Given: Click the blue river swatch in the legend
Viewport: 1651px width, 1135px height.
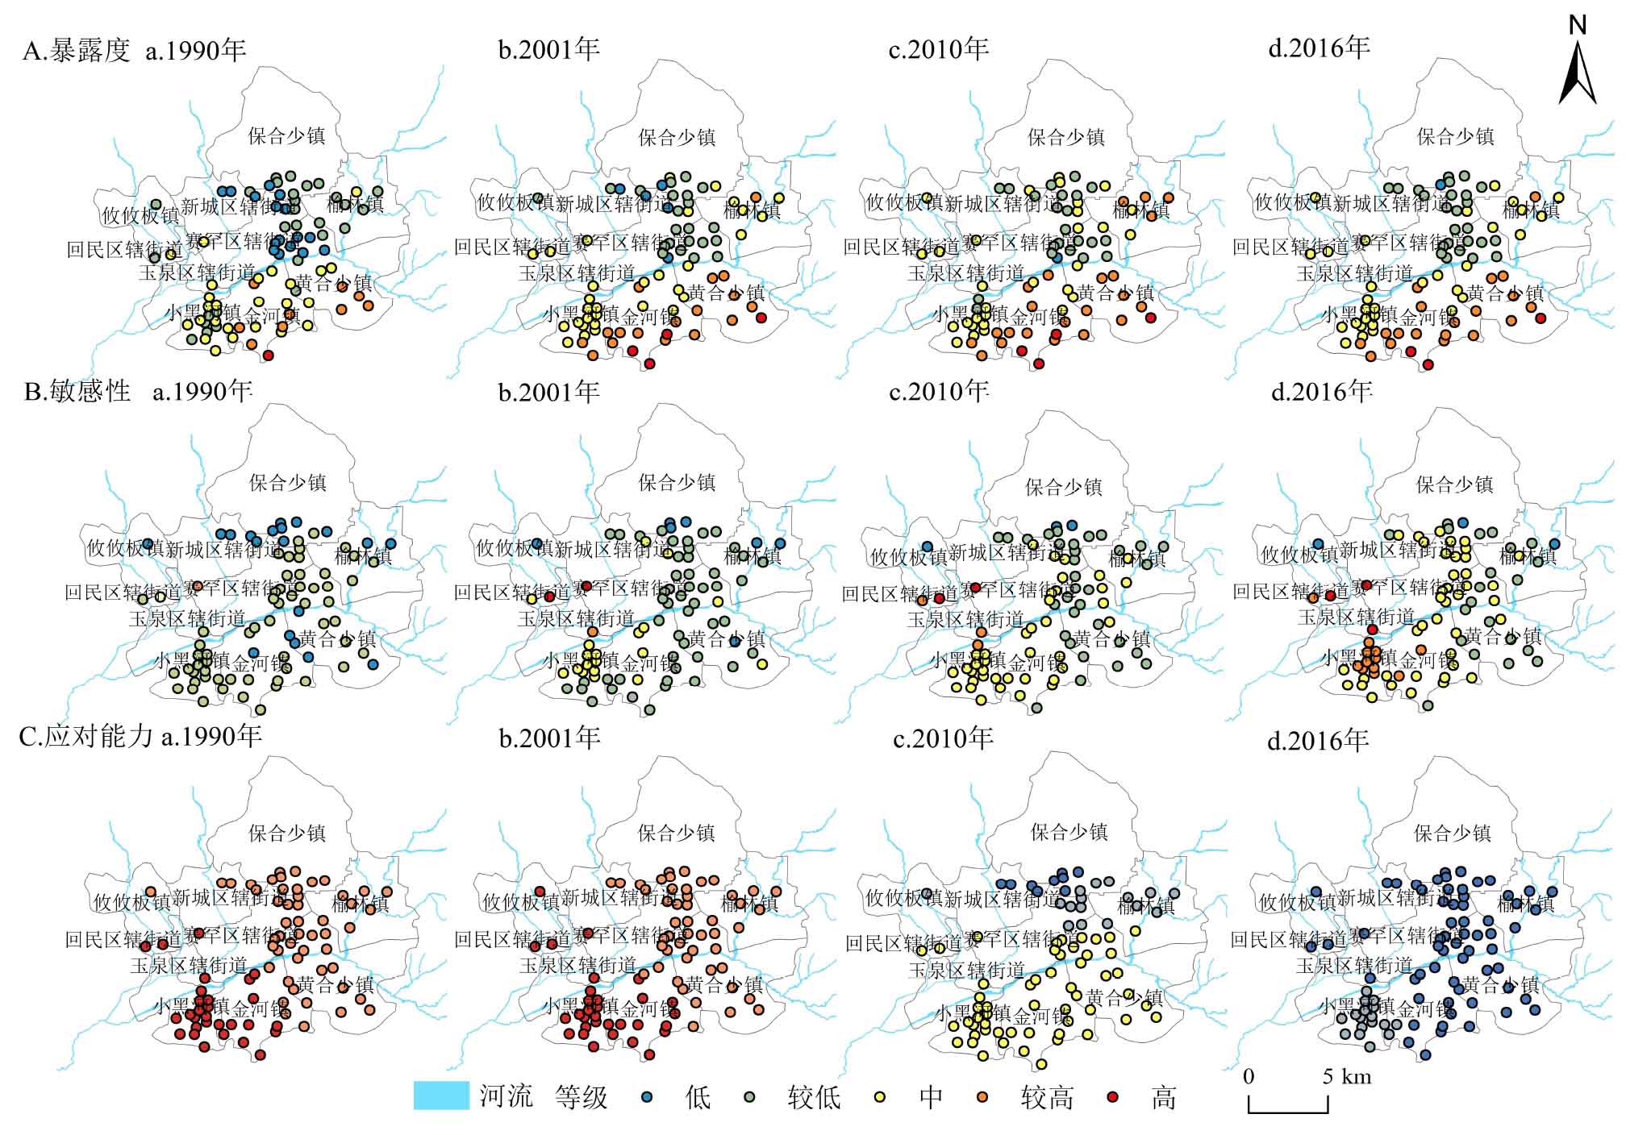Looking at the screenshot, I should click(x=441, y=1096).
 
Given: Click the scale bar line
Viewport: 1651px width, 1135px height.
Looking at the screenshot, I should click(x=1288, y=1111).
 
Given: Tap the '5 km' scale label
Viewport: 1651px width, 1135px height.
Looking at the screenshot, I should click(x=1346, y=1077).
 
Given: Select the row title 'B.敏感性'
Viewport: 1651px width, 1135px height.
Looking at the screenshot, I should click(x=77, y=392).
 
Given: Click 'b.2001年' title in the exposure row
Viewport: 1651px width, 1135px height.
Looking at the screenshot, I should click(x=549, y=50).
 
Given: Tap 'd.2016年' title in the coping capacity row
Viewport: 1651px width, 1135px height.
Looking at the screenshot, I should click(x=1318, y=740).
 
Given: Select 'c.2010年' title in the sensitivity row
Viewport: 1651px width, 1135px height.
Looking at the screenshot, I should click(x=939, y=392).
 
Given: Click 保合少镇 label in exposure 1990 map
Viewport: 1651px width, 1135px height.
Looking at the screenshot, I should click(x=287, y=135).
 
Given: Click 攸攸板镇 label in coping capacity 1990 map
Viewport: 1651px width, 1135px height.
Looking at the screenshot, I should click(x=132, y=902).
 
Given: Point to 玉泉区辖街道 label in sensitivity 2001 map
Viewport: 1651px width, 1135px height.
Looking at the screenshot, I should click(x=576, y=619).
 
